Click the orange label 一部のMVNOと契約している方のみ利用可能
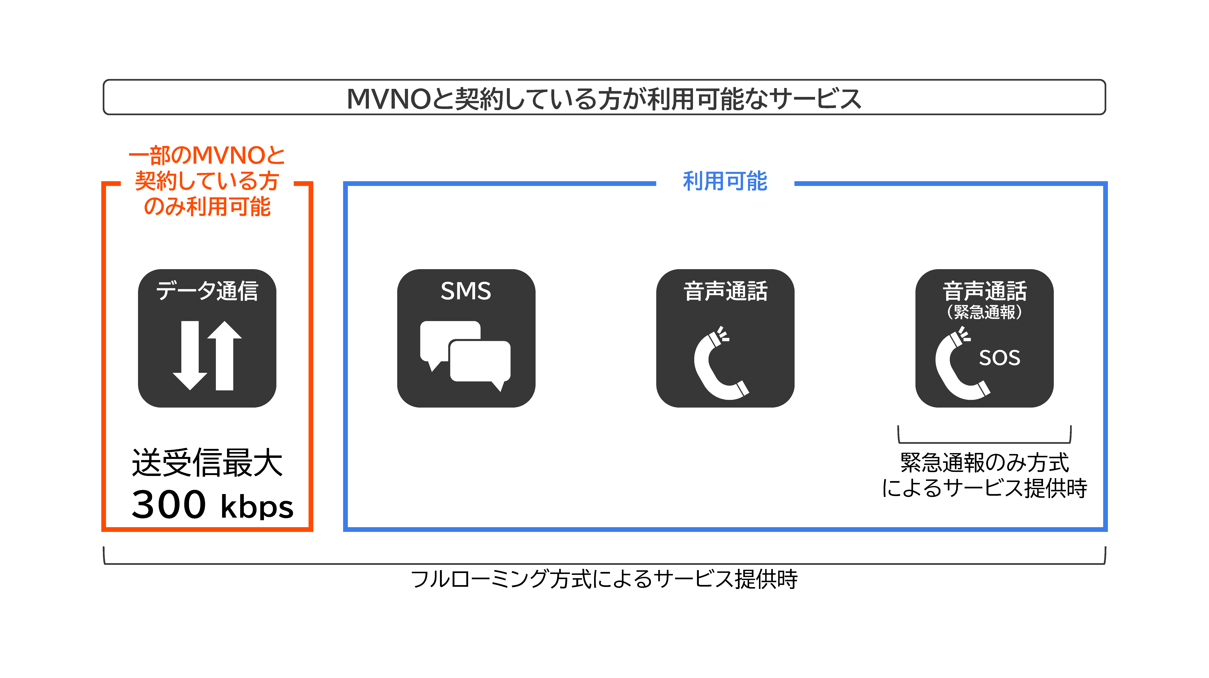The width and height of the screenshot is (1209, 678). click(207, 181)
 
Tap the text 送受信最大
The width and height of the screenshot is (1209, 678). click(207, 463)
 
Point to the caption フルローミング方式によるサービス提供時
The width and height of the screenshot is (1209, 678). click(604, 579)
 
